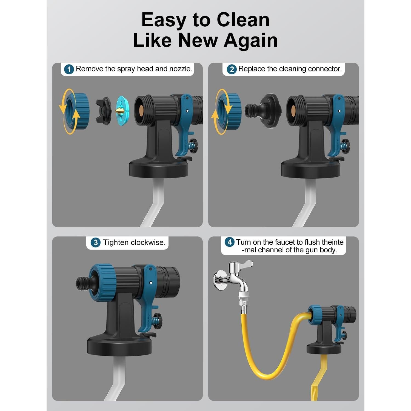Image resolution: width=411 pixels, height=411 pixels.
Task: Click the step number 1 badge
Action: point(69,69)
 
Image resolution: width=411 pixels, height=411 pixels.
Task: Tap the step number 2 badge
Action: point(232,69)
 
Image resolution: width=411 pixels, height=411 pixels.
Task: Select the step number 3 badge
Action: point(95,242)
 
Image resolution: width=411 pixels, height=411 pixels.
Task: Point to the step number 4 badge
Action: point(230,242)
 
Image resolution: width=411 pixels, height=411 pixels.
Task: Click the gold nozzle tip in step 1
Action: point(120,110)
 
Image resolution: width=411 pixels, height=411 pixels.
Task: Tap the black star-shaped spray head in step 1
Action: point(104,111)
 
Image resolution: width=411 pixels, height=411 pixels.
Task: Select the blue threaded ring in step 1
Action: point(78,111)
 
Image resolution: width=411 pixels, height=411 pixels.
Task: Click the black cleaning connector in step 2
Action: point(264,111)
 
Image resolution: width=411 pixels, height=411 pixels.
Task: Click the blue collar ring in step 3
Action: point(103,283)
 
